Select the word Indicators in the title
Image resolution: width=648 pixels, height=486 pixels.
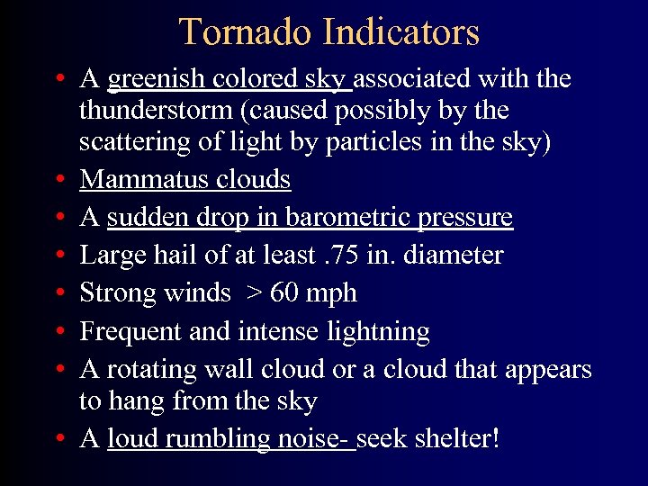point(400,32)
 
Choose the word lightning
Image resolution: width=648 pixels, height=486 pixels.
point(379,332)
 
